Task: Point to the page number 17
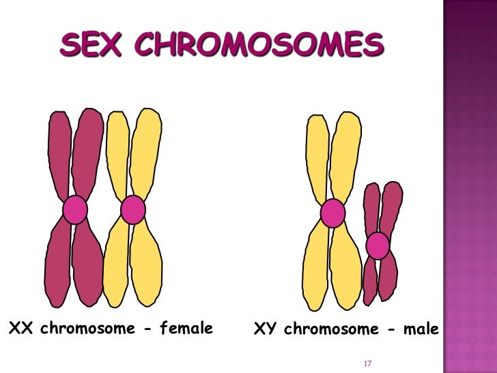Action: click(x=367, y=362)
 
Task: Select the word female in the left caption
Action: click(x=186, y=329)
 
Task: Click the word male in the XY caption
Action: click(x=421, y=329)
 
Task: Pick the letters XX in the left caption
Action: click(x=20, y=329)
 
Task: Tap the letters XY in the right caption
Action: click(x=265, y=329)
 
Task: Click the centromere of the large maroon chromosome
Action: click(x=75, y=210)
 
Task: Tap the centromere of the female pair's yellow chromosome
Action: click(x=133, y=210)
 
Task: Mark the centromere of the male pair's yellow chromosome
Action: click(x=332, y=213)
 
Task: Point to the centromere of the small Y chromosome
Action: click(x=378, y=245)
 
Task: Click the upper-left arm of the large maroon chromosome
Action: click(x=59, y=154)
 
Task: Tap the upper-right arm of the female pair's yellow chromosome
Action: click(x=146, y=154)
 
